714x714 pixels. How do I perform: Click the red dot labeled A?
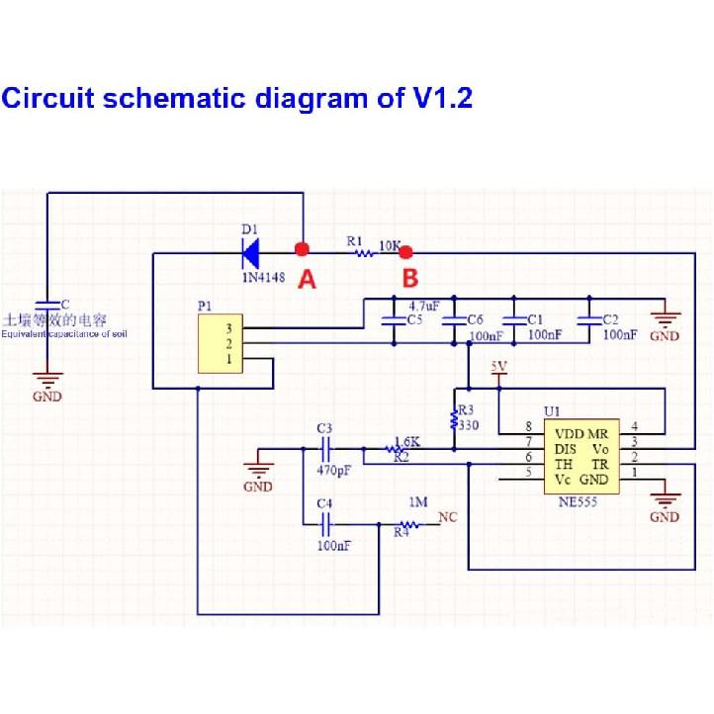click(303, 249)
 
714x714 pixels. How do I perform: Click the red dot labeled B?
click(403, 252)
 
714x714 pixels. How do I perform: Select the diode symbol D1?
click(249, 251)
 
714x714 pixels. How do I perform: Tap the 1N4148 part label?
click(263, 278)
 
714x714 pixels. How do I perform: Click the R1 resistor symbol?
click(366, 253)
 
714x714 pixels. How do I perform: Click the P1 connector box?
click(221, 342)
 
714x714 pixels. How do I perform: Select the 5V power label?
click(498, 368)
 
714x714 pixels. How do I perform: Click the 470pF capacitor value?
click(333, 471)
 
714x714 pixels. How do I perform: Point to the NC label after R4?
click(448, 516)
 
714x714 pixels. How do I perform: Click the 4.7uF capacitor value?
click(424, 307)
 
